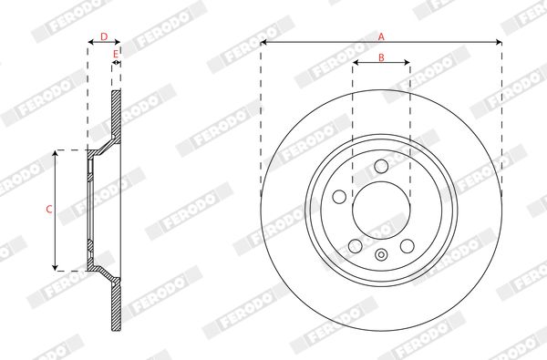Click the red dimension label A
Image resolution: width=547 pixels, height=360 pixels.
(x=381, y=36)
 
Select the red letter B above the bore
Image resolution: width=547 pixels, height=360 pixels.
(x=381, y=57)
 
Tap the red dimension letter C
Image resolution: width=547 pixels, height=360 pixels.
(x=49, y=210)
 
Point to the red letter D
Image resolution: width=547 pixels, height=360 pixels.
(x=104, y=36)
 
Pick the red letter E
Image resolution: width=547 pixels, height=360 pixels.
(x=116, y=54)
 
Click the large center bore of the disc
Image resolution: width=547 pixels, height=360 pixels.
(x=381, y=211)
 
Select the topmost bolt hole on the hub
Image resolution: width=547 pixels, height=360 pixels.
(x=381, y=166)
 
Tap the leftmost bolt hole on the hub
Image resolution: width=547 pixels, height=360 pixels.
(x=339, y=197)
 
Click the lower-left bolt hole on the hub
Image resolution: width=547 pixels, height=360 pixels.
(x=356, y=246)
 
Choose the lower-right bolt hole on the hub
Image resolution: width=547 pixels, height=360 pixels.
(x=408, y=246)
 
